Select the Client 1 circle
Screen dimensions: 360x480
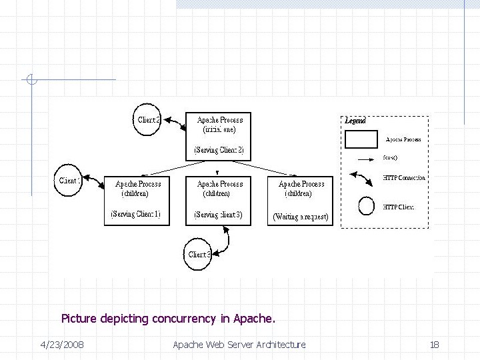point(69,180)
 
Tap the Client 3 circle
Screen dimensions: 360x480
point(198,254)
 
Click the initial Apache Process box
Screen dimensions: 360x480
point(219,135)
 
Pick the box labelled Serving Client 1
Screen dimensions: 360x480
point(137,200)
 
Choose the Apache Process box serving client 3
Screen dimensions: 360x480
point(219,200)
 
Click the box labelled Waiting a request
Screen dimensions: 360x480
point(300,200)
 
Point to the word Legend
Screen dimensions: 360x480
point(355,121)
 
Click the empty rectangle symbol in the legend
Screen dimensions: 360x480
point(361,139)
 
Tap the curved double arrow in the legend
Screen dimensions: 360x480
point(363,181)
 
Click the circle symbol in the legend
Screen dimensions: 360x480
point(367,207)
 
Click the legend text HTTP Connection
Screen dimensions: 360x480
point(404,178)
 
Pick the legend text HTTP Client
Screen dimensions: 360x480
point(399,207)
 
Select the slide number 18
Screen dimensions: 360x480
point(434,345)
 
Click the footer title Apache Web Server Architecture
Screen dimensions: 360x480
point(239,345)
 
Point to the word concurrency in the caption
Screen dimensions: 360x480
point(183,319)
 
